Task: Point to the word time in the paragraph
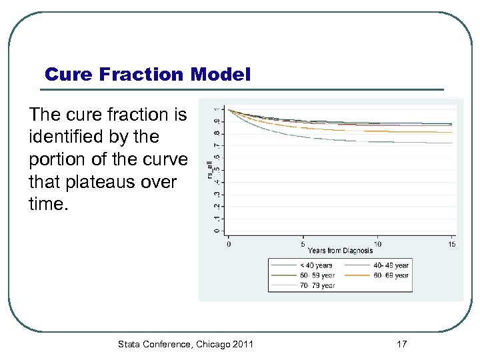[x=47, y=203]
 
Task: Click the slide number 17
[x=401, y=344]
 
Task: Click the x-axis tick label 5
[x=303, y=244]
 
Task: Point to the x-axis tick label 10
[x=377, y=244]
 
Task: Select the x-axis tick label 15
[x=451, y=244]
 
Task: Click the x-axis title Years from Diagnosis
[x=340, y=251]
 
